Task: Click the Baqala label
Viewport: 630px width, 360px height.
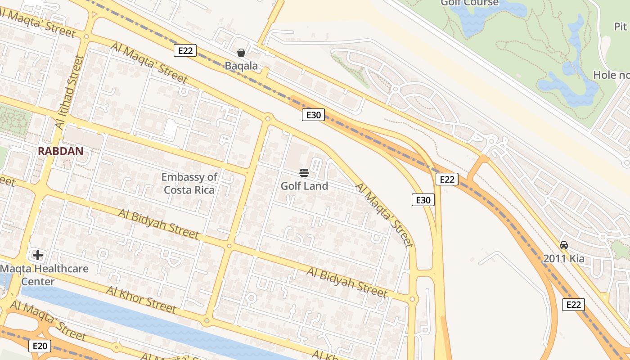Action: (x=241, y=66)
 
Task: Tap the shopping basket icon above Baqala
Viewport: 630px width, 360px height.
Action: (x=241, y=53)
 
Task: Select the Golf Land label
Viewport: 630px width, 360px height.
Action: (x=304, y=186)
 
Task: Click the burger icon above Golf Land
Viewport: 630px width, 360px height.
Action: (x=304, y=173)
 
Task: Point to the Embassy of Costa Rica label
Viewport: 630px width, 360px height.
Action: (x=189, y=183)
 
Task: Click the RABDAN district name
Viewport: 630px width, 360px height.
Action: (x=61, y=151)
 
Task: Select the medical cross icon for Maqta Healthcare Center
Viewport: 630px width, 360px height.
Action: (x=38, y=256)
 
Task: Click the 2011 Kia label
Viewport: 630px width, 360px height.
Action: (x=563, y=258)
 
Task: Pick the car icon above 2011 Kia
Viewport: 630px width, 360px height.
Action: (x=563, y=245)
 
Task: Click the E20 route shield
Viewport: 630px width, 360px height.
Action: (x=40, y=346)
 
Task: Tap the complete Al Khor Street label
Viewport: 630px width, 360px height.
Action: (x=141, y=299)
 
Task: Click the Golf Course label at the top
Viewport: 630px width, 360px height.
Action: (x=469, y=3)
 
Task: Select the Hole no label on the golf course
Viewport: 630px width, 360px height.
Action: (x=611, y=75)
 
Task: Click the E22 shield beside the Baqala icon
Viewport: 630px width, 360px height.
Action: (x=185, y=50)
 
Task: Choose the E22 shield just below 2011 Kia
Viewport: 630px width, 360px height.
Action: (x=573, y=305)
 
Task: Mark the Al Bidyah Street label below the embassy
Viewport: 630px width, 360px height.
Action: (x=158, y=224)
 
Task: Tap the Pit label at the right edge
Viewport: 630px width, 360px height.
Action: (x=621, y=27)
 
